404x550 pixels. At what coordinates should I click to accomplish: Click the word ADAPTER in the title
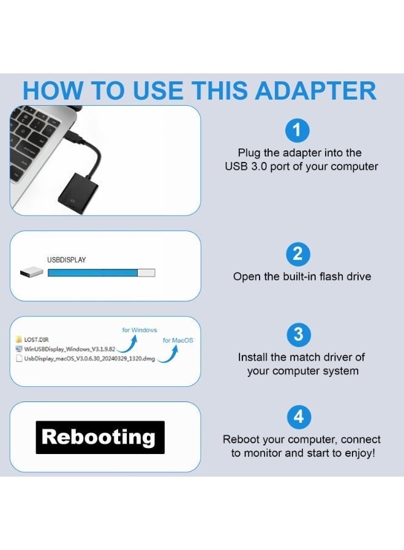pos(315,90)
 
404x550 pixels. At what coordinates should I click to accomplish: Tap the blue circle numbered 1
pos(298,130)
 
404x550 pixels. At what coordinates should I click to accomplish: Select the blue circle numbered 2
pos(298,254)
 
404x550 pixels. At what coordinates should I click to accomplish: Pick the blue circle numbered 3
pos(298,334)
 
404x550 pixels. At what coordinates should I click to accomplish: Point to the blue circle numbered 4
pos(298,417)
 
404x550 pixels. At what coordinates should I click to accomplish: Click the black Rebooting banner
pos(100,437)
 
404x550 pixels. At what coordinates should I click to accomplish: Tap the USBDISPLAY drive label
pos(67,260)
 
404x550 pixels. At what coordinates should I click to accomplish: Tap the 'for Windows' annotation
pos(140,330)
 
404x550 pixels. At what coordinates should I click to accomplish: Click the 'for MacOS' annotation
pos(178,340)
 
